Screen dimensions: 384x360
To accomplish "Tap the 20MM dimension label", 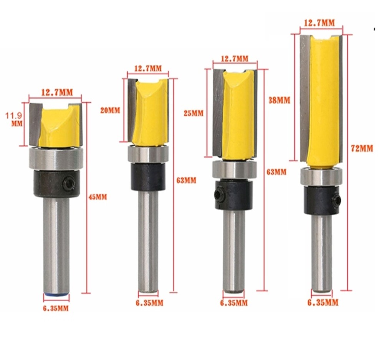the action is coord(110,111).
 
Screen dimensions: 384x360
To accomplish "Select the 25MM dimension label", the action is coord(194,113).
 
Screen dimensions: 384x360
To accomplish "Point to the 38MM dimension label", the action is coord(279,100).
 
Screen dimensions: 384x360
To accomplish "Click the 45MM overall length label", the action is coord(98,197).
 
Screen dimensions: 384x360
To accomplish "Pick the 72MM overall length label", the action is coord(362,149).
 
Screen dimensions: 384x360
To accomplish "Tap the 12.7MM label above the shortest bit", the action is coord(57,92).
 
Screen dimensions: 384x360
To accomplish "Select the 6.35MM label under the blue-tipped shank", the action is coord(56,308).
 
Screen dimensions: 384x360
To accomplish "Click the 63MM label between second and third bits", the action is coord(186,180).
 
